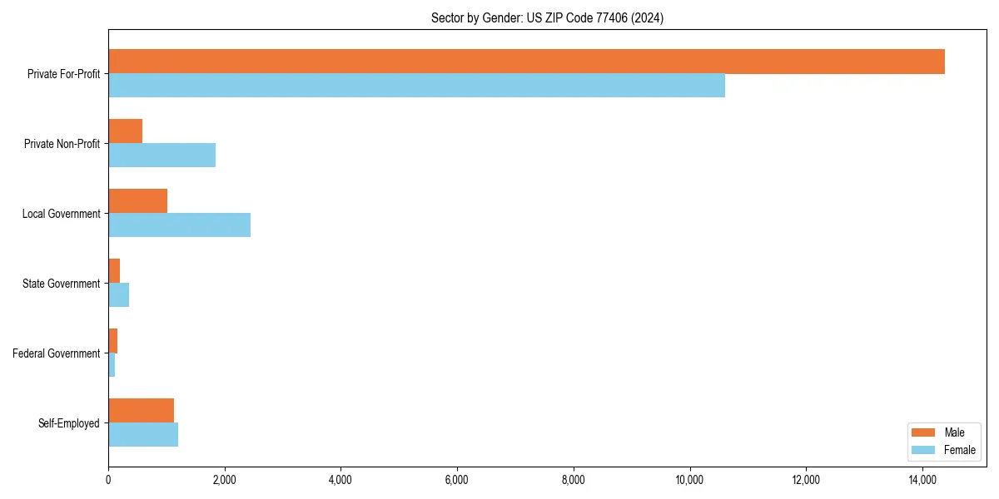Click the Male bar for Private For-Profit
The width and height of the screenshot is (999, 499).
tap(526, 62)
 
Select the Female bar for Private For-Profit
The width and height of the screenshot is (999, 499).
tap(416, 86)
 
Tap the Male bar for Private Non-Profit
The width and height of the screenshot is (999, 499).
tap(125, 131)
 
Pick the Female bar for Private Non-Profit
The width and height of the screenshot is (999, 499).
tap(162, 156)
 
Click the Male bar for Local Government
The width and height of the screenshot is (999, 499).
tap(137, 201)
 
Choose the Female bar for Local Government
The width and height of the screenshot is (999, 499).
tap(179, 225)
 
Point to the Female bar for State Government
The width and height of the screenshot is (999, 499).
tap(118, 295)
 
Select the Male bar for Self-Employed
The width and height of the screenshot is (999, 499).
tap(141, 411)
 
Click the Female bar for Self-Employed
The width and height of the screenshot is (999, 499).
tap(143, 435)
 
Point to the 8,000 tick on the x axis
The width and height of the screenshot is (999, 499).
tap(574, 479)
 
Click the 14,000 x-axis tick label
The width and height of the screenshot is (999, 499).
tap(922, 479)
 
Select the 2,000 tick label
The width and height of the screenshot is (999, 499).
tap(225, 479)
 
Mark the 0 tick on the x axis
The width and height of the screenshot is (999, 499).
tap(108, 479)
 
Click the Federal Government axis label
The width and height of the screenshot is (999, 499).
tap(57, 353)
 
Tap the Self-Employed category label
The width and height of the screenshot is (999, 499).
tap(69, 423)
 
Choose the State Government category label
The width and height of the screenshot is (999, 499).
tap(62, 284)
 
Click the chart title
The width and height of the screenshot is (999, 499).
tap(547, 17)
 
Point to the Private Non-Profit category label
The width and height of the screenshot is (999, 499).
tap(62, 144)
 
